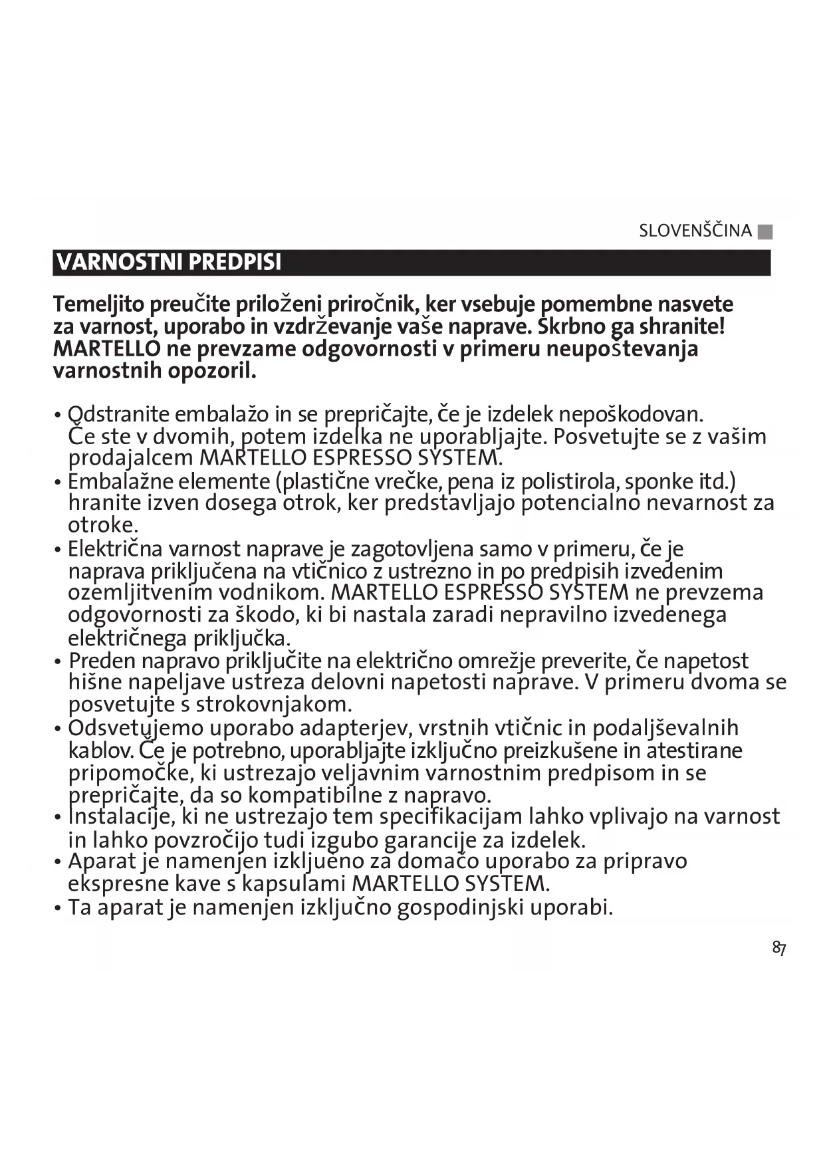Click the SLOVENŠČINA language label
(695, 231)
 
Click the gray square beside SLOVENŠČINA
(765, 232)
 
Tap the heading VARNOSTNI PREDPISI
(169, 262)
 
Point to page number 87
(779, 948)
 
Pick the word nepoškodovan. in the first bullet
(630, 415)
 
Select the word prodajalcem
(131, 458)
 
